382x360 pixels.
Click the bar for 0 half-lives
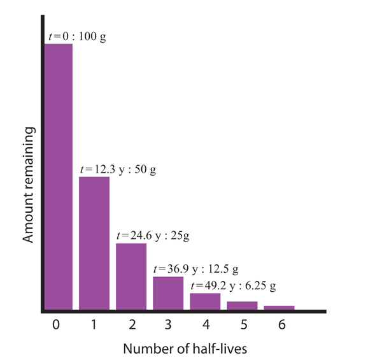point(58,176)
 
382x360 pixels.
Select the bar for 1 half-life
point(94,243)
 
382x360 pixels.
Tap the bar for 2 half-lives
point(131,276)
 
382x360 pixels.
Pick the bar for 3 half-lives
point(168,292)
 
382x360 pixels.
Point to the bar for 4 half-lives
point(205,301)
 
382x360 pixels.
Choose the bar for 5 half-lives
point(242,305)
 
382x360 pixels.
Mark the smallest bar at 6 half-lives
point(279,308)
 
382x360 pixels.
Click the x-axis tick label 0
point(57,325)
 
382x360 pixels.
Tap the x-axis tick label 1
point(94,325)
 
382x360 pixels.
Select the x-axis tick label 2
point(131,325)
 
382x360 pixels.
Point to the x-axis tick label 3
point(168,325)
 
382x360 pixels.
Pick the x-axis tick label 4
point(206,325)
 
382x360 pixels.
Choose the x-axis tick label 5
point(243,325)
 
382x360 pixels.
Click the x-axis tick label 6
point(280,325)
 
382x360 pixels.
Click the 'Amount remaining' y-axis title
point(28,184)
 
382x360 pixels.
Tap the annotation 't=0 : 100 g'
point(77,36)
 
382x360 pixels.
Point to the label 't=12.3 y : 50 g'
point(118,170)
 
